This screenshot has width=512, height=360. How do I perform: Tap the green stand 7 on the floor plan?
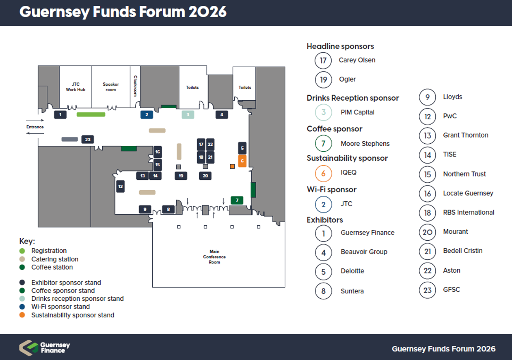[237, 201]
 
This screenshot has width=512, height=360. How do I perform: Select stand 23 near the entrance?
[87, 140]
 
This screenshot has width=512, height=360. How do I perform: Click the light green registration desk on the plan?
[91, 114]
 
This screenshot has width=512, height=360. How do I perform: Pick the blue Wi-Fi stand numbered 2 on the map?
[147, 115]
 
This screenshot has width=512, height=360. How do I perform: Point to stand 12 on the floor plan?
[120, 187]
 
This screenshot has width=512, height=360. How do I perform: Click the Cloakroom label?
[135, 86]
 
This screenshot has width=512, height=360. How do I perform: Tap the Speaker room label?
[111, 87]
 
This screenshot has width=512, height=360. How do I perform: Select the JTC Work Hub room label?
[75, 87]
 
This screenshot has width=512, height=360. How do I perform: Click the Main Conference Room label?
[214, 257]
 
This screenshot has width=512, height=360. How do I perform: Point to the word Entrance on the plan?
[35, 127]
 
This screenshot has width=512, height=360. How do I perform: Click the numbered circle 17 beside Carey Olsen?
[323, 60]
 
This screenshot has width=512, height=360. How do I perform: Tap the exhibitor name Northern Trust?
[464, 174]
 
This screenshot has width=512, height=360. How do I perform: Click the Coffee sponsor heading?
[334, 129]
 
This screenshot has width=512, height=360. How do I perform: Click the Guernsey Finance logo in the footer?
[45, 348]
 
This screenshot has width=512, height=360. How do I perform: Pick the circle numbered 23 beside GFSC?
[428, 290]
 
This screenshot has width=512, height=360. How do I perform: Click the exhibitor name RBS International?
[469, 213]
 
